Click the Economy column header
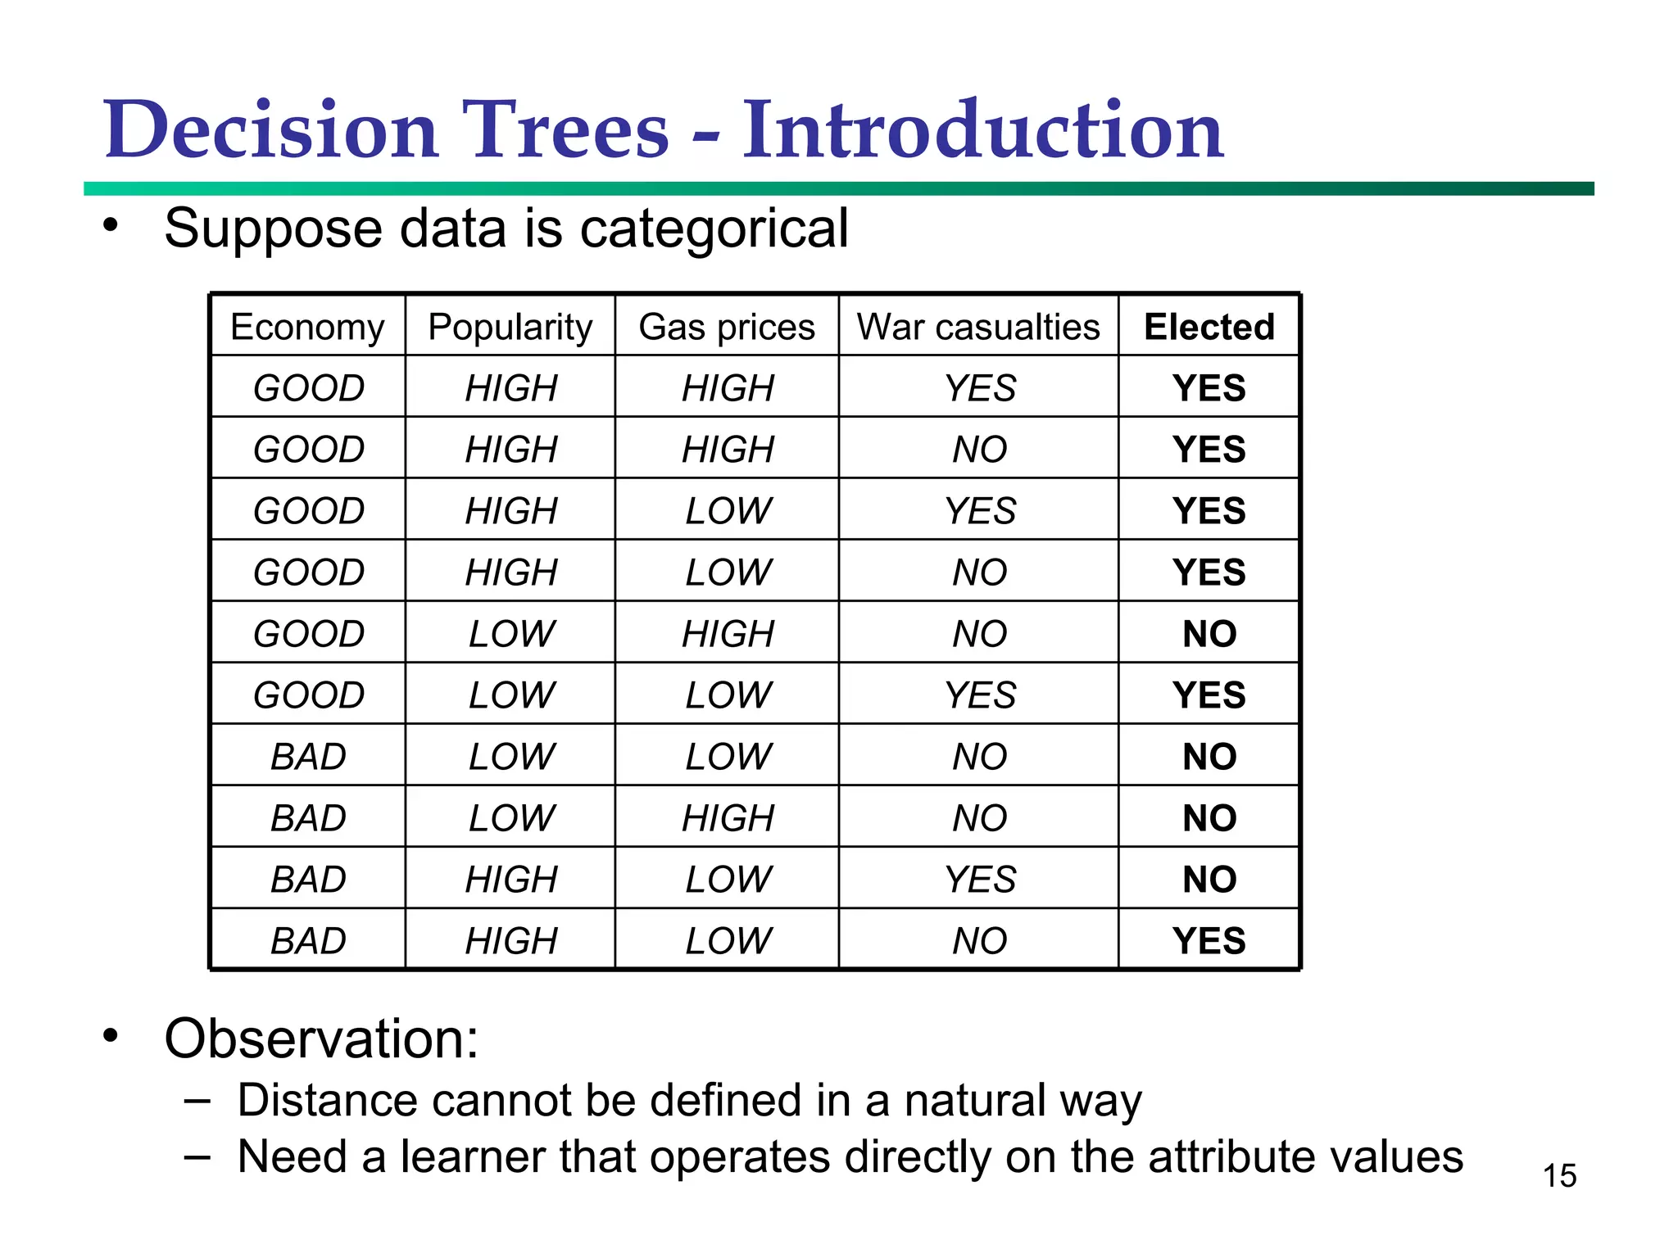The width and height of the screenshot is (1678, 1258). click(307, 327)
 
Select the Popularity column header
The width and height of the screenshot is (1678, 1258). click(510, 327)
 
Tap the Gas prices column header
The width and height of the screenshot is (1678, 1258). click(727, 327)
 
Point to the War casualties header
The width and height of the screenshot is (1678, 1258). click(978, 327)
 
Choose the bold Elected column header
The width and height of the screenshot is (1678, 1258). click(1209, 327)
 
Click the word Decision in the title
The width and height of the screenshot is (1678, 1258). click(271, 131)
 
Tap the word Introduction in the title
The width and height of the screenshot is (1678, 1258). click(982, 131)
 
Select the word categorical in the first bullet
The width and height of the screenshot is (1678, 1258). click(714, 229)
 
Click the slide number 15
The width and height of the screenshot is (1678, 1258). click(1559, 1176)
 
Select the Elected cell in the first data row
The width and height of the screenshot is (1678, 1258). click(1209, 387)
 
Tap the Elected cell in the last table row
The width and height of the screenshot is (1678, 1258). click(1209, 940)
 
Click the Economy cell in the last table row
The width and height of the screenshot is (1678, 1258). click(308, 940)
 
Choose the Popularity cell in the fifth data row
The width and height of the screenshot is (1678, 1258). click(511, 633)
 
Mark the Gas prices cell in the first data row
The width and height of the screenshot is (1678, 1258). click(728, 387)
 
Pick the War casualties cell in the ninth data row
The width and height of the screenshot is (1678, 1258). click(980, 879)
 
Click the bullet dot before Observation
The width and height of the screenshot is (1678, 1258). click(111, 1037)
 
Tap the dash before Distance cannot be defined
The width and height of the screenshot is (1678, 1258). click(197, 1100)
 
